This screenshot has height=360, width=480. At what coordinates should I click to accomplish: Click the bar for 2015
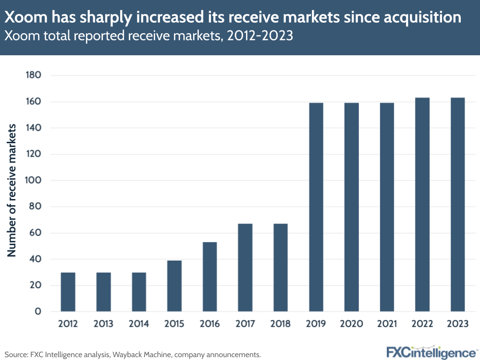(x=174, y=286)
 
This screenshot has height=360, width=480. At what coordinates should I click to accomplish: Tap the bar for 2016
(x=210, y=277)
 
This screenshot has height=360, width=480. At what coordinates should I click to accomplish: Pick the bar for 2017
(x=245, y=268)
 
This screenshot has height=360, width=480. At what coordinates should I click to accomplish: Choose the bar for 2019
(x=316, y=207)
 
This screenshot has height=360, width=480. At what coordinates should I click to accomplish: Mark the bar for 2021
(x=387, y=207)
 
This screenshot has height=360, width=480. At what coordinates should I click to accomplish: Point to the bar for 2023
(x=458, y=205)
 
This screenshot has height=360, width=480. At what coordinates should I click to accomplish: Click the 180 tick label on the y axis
(x=34, y=75)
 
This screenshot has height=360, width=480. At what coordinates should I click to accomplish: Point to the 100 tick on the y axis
(x=34, y=181)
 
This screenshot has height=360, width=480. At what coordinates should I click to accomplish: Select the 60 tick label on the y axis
(x=35, y=233)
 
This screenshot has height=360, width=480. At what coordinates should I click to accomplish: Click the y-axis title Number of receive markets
(x=12, y=190)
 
